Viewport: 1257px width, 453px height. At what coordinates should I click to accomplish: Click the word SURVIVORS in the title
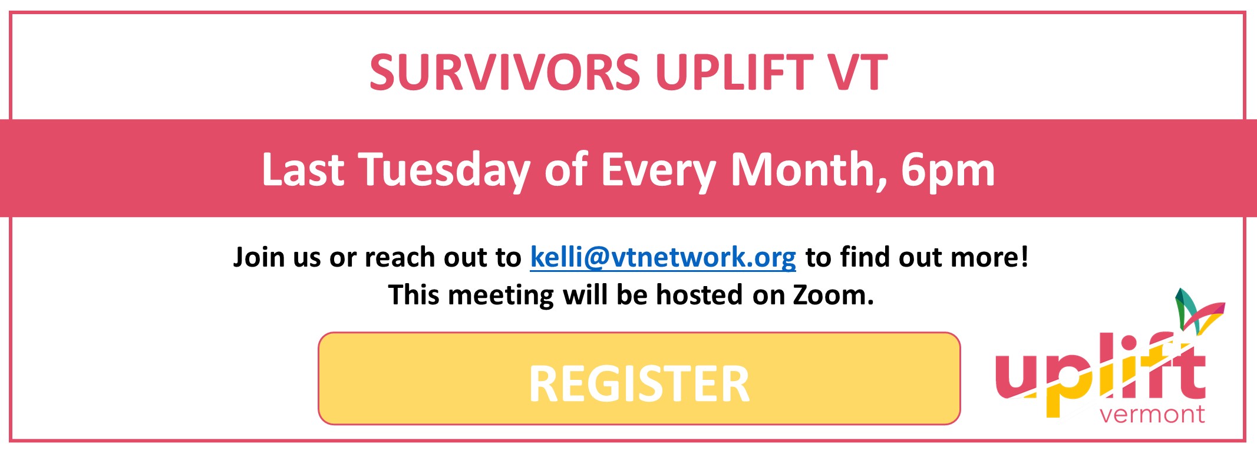pyautogui.click(x=505, y=73)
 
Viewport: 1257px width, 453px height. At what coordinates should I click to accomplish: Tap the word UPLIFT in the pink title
pyautogui.click(x=734, y=73)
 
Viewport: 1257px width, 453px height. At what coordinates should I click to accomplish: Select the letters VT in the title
pyautogui.click(x=858, y=73)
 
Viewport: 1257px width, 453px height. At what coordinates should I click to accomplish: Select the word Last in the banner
pyautogui.click(x=303, y=169)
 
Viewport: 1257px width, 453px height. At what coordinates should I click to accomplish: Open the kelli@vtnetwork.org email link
pyautogui.click(x=663, y=258)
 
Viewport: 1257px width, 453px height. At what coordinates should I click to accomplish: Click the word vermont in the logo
pyautogui.click(x=1152, y=415)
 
